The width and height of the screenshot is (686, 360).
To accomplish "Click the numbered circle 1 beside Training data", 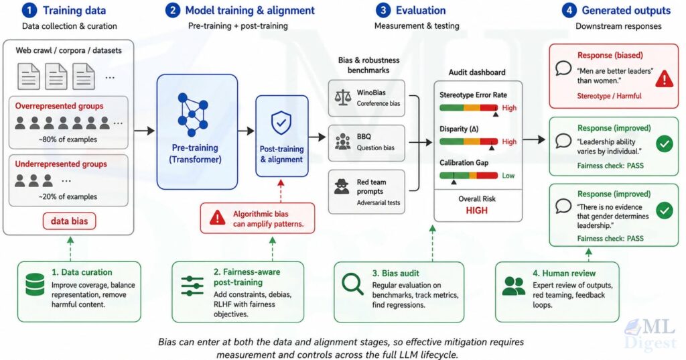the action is [29, 11].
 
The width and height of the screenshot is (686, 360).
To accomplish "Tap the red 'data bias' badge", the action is [69, 221].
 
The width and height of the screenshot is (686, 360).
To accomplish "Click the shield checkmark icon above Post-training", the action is [281, 123].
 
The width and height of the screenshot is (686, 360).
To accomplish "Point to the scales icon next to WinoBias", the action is [342, 97].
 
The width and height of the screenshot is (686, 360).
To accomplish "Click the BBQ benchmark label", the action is [364, 137].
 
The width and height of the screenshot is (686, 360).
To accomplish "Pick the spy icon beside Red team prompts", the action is [342, 186].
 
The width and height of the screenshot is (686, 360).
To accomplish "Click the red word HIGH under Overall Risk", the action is [476, 211].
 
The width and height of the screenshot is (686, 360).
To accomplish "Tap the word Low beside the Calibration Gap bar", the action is [508, 176].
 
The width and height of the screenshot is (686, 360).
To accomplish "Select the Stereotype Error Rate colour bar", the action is [468, 108].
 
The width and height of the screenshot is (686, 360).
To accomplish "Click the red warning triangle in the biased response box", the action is [664, 78].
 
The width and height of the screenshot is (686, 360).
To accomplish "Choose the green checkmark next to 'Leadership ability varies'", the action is [664, 143].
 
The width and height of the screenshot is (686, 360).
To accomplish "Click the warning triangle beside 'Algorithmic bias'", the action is [217, 218].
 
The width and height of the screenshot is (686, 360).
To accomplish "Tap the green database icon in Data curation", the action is [35, 284].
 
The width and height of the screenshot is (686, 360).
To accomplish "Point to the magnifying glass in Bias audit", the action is [352, 284].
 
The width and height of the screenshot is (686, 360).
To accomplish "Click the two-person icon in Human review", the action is [514, 286].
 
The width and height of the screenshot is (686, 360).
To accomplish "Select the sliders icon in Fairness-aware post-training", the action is [192, 286].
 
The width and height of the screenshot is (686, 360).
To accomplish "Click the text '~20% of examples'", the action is [68, 196].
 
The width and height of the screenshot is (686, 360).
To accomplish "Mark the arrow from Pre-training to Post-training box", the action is [247, 131].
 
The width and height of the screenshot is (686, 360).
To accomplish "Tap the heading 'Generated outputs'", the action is [626, 11].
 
